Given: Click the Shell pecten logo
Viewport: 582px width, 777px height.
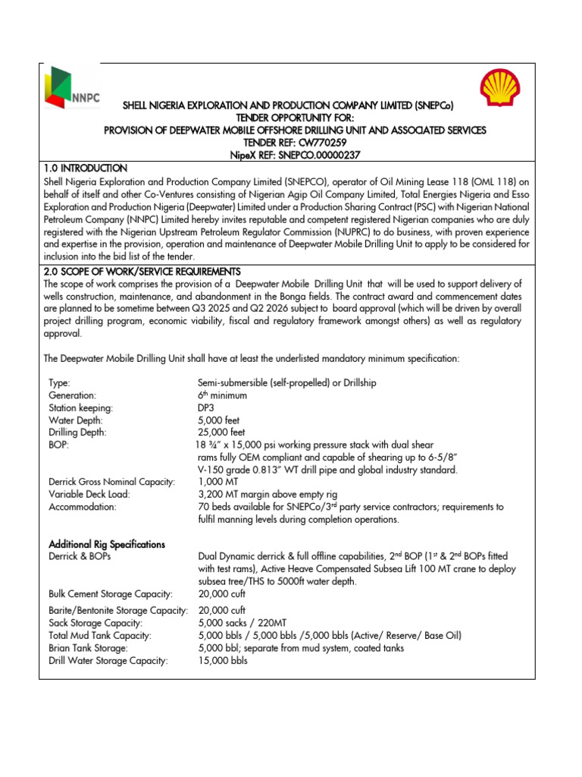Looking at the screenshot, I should click(503, 87).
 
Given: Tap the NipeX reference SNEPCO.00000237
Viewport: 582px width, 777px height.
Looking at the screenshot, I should click(316, 154).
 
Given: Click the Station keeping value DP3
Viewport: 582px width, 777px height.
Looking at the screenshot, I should click(206, 407).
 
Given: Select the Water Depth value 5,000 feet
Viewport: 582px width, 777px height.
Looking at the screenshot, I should click(221, 420).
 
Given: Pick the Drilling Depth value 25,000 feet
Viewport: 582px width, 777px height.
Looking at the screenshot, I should click(223, 433).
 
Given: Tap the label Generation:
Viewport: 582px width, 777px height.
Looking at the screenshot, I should click(72, 395).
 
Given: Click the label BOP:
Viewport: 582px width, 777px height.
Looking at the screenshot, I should click(58, 445).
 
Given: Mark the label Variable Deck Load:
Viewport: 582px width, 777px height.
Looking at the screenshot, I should click(89, 494).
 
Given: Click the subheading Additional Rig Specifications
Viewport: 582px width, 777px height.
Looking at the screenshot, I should click(107, 544).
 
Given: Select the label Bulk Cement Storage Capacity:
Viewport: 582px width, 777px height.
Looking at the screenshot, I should click(110, 593).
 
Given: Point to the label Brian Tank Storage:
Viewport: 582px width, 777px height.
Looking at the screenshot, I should click(88, 647).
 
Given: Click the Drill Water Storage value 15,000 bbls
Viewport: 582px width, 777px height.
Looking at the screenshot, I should click(223, 660).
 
